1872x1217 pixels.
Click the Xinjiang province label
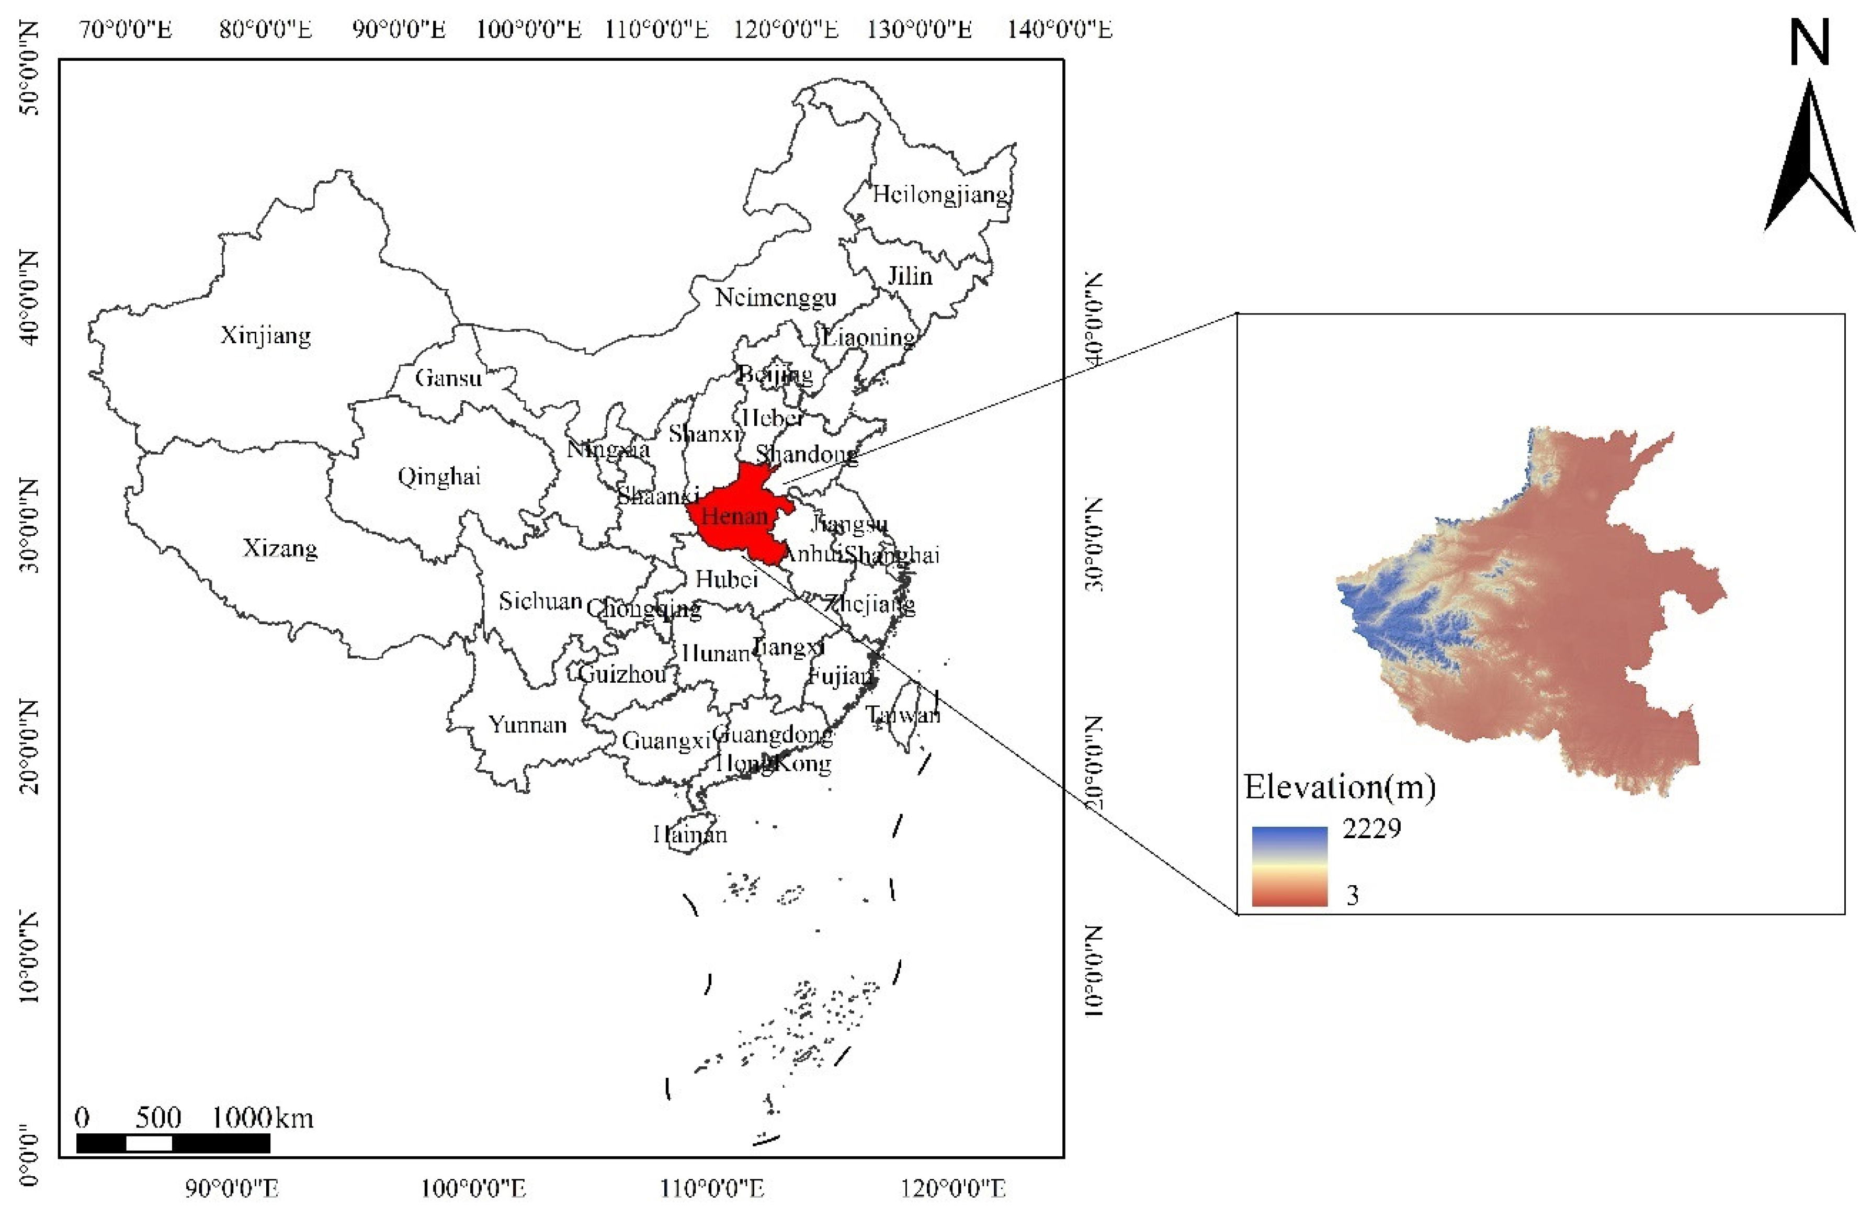tap(265, 336)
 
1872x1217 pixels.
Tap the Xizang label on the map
tap(279, 548)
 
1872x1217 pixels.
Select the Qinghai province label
tap(438, 477)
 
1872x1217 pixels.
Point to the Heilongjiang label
tap(940, 194)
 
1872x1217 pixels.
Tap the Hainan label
tap(690, 834)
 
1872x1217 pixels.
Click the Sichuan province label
tap(540, 602)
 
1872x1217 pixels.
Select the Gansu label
tap(448, 378)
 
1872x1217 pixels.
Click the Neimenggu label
tap(775, 297)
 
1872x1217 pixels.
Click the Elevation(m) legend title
tap(1340, 787)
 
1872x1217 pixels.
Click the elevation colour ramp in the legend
tap(1289, 866)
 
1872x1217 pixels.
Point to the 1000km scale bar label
tap(262, 1118)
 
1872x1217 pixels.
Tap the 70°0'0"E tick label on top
tap(126, 30)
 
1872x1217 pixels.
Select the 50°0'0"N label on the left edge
tap(29, 69)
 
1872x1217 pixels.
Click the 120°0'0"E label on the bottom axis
tap(954, 1188)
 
